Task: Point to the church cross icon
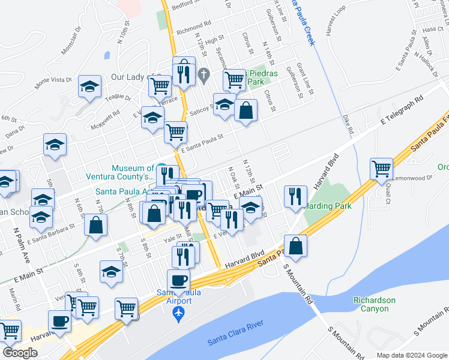203,75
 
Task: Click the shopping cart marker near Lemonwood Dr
381,169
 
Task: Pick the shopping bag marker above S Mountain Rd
296,245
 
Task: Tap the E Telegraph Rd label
402,111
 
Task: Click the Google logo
20,353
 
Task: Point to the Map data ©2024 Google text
411,355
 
